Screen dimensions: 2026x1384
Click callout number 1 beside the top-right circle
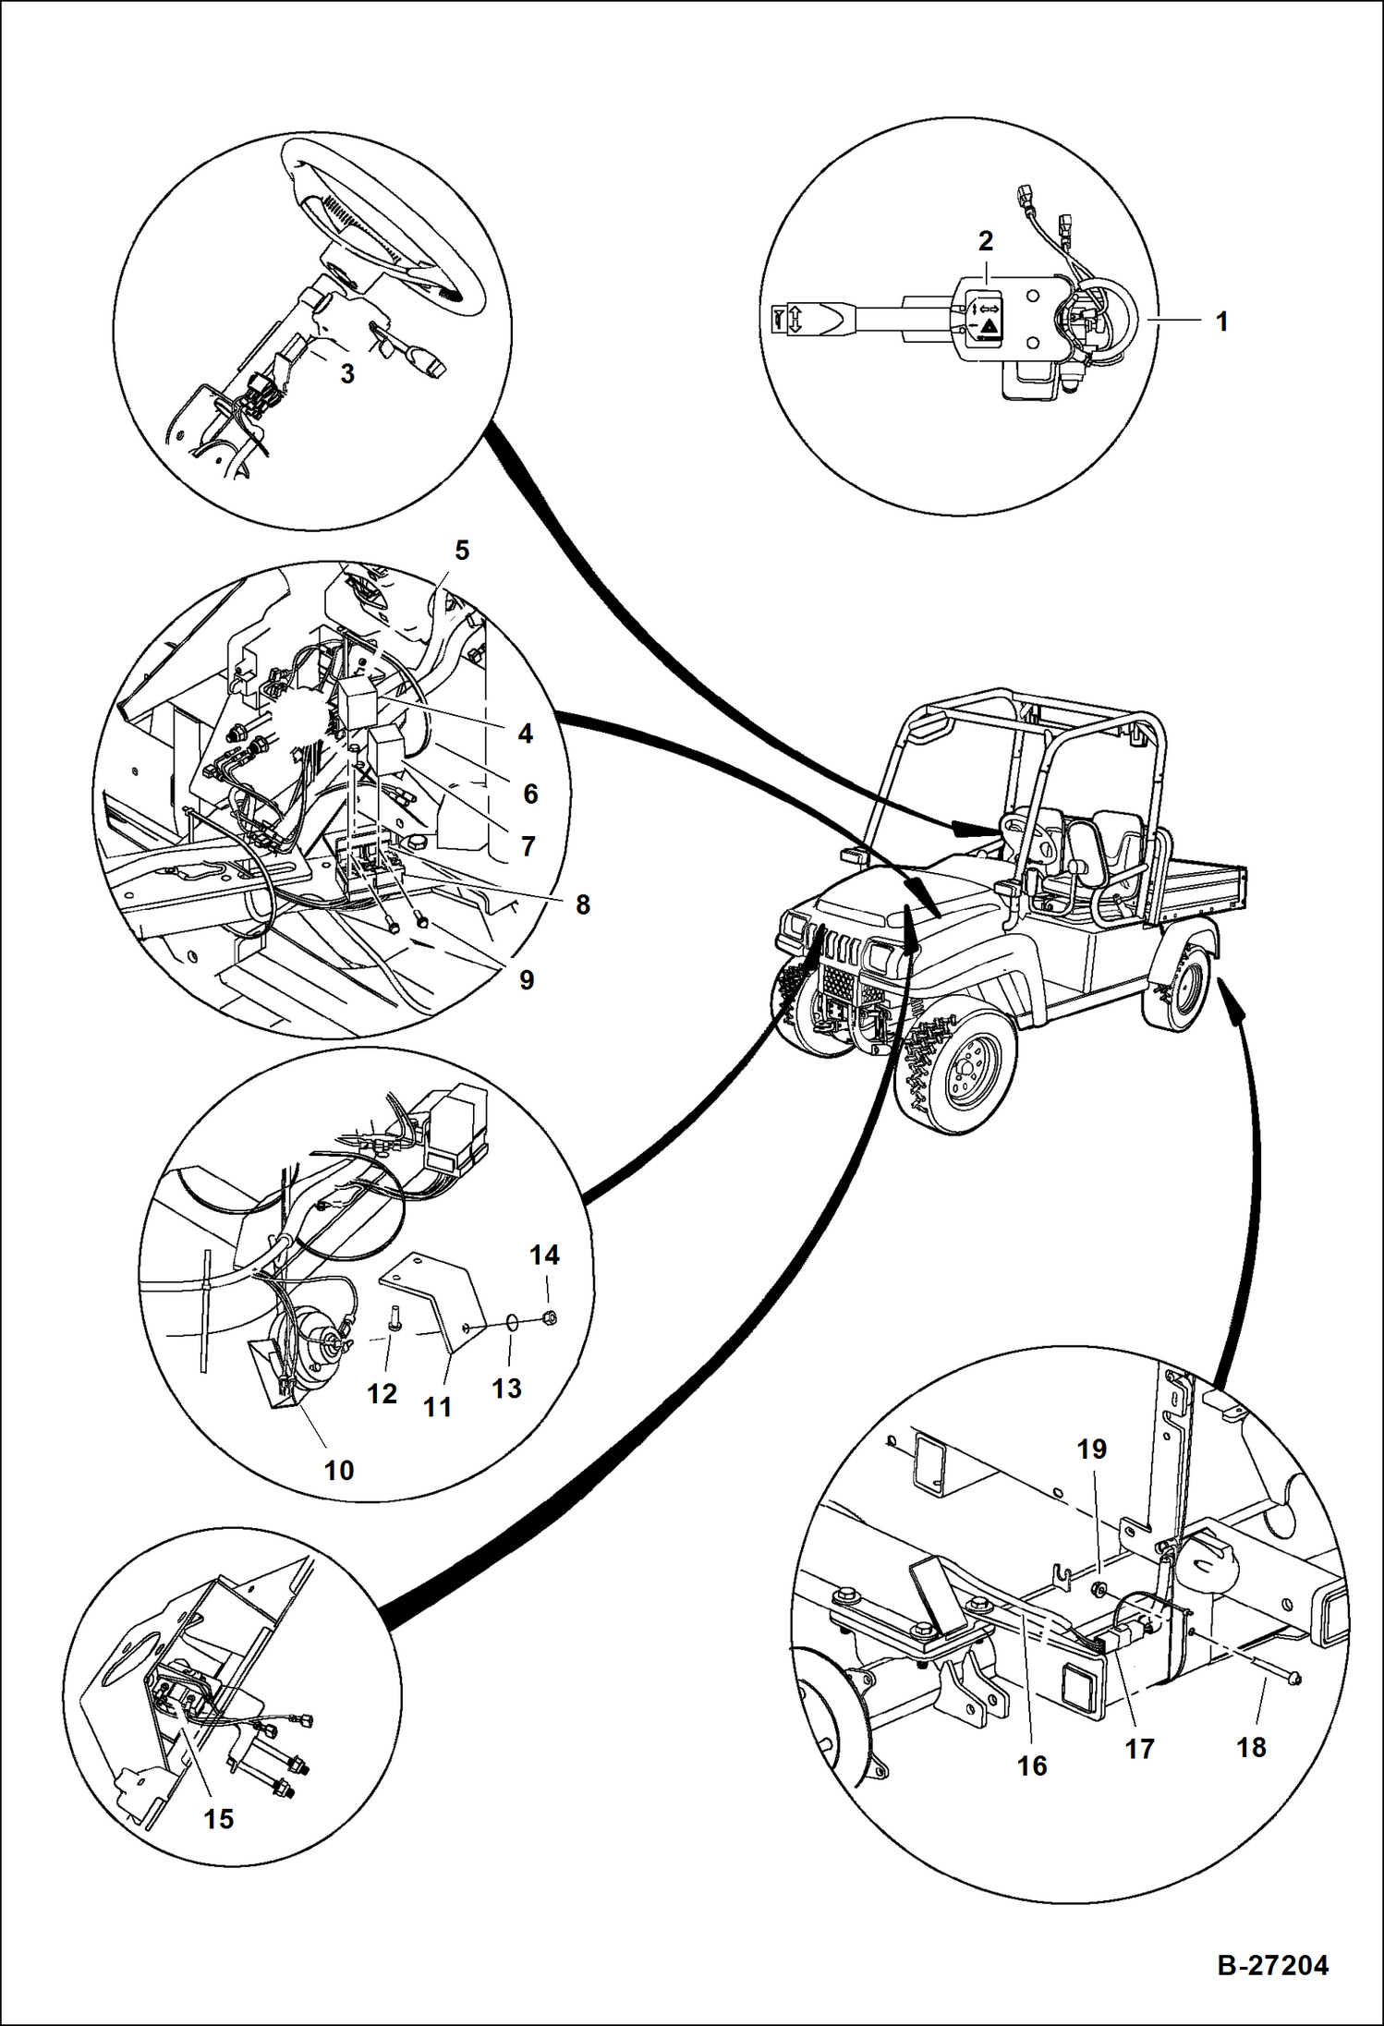[1221, 322]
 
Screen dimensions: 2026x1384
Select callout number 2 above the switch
[986, 241]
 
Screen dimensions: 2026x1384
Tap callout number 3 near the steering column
[347, 374]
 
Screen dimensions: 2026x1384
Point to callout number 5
[462, 551]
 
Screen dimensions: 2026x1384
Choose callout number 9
[527, 980]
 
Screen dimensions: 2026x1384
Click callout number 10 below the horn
[339, 1470]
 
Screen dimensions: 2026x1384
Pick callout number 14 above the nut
[544, 1255]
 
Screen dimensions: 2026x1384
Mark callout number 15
[219, 1819]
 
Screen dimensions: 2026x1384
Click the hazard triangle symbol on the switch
[989, 326]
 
